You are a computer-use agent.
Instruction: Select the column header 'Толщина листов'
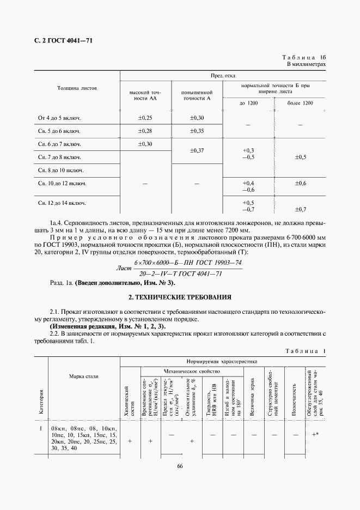click(77, 88)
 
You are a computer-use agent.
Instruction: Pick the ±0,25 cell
click(145, 118)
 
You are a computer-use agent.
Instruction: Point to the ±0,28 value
click(145, 131)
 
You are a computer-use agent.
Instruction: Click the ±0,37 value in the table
click(197, 150)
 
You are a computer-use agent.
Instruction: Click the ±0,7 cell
click(300, 209)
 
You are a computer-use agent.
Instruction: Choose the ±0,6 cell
click(300, 183)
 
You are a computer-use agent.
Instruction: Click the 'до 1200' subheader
click(248, 103)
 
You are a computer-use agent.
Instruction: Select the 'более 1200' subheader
click(300, 103)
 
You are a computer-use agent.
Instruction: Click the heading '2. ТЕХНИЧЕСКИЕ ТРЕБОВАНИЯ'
click(180, 297)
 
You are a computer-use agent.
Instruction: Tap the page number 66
click(180, 465)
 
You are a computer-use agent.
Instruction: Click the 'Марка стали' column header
click(83, 377)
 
